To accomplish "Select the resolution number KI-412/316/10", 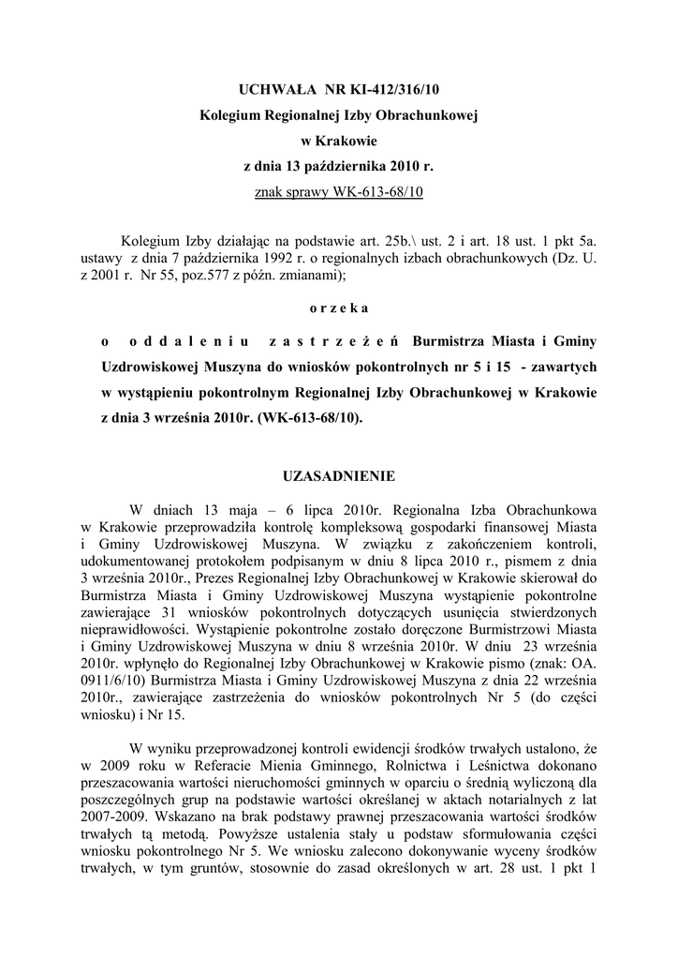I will (x=394, y=90).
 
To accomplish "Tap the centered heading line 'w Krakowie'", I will (x=338, y=142).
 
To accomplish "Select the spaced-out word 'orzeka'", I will (x=338, y=307).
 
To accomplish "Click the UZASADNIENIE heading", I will (x=338, y=476).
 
